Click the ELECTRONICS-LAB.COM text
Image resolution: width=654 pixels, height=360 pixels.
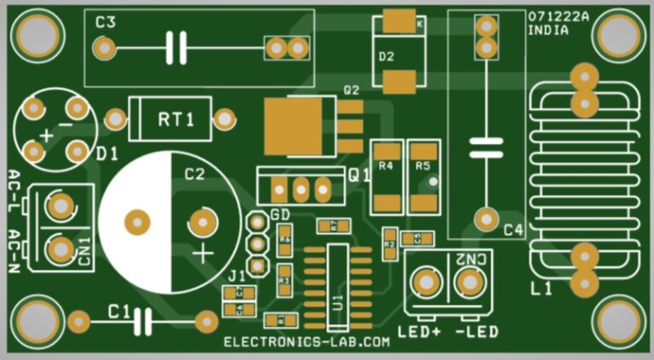(307, 342)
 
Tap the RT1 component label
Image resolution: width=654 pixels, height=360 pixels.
(175, 119)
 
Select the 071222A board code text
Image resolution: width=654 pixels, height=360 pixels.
(558, 16)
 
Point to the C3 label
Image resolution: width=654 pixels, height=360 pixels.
(106, 23)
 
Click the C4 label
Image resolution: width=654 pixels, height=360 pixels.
(513, 230)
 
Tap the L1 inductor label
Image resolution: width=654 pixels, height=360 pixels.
(542, 289)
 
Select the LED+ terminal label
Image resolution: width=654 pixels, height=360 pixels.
(419, 329)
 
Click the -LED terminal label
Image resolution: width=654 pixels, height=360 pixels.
(477, 329)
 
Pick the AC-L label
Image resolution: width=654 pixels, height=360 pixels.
(14, 192)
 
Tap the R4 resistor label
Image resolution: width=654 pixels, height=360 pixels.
(387, 166)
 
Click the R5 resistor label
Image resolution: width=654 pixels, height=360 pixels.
(423, 166)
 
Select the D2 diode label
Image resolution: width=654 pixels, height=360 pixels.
(387, 58)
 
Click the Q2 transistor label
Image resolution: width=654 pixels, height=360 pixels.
(351, 89)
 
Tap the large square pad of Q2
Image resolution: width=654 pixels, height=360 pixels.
(295, 125)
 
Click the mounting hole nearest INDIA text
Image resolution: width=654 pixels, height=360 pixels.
(619, 35)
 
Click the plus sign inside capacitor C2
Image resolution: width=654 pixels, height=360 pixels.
(203, 253)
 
